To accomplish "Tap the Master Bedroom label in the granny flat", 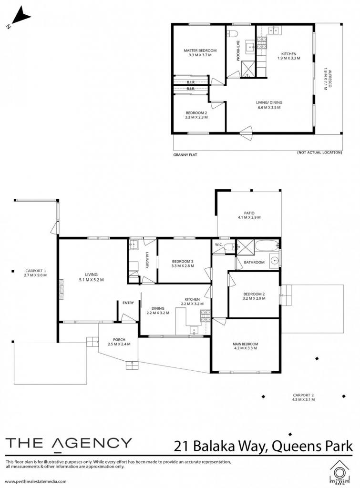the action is click(x=200, y=51).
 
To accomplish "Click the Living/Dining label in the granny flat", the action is click(x=269, y=102).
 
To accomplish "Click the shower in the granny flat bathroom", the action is click(x=248, y=69).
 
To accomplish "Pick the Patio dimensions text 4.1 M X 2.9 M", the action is click(x=249, y=217).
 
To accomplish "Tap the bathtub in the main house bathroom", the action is click(x=267, y=246).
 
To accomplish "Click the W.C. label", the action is click(x=218, y=244).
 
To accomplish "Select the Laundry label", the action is click(x=147, y=260).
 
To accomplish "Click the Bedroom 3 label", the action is click(x=183, y=262).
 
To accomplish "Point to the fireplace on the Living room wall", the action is click(x=61, y=289).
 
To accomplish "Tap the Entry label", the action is click(x=128, y=303).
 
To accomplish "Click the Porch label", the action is click(x=119, y=340).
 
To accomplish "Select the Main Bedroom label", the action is click(x=246, y=344).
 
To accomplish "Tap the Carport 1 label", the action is click(x=36, y=271).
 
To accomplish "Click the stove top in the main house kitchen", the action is click(x=205, y=315).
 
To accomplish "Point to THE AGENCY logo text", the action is click(x=69, y=443).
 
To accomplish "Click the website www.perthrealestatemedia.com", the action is click(x=36, y=481).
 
